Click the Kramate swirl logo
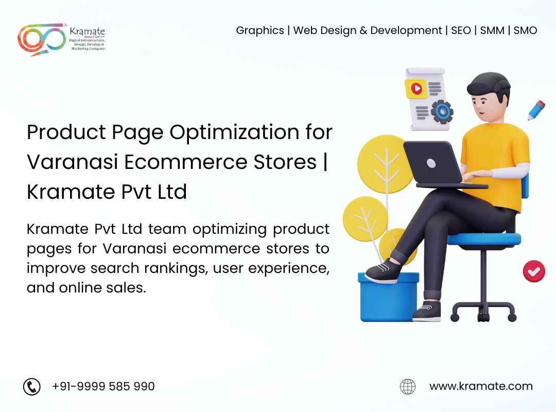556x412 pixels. [42, 39]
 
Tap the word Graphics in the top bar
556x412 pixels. [260, 31]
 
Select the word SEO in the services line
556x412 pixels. [461, 30]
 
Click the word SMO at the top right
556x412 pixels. [525, 30]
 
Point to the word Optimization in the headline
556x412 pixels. [234, 133]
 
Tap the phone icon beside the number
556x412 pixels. [32, 386]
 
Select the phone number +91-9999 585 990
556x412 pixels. [103, 386]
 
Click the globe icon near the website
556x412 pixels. [408, 386]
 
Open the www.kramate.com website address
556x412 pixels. [481, 386]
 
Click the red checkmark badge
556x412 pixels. [534, 271]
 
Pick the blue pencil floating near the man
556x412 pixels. [536, 110]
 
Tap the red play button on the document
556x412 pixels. [416, 89]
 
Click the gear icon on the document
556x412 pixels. [442, 112]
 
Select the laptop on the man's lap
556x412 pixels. [440, 164]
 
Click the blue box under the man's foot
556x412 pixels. [389, 297]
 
